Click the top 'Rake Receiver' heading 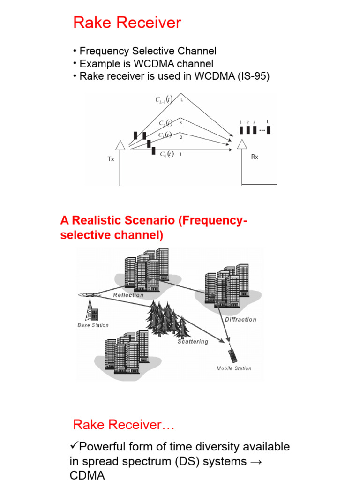tap(127, 23)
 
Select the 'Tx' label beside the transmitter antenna tap(111, 159)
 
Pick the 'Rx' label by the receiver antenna tap(255, 157)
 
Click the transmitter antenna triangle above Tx tap(120, 146)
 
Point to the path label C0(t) tap(166, 154)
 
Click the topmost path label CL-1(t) tap(164, 99)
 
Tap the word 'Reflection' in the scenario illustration tap(128, 295)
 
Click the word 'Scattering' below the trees tap(193, 342)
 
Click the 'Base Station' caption tap(93, 325)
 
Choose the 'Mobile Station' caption tap(233, 368)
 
